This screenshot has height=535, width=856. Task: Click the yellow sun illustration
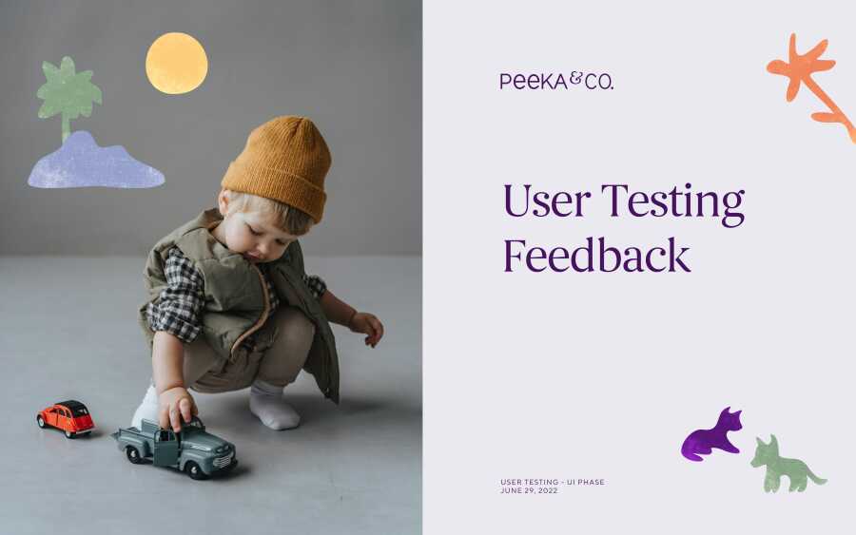[176, 64]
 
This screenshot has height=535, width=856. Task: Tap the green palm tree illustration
[68, 94]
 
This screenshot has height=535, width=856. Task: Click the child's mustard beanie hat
[278, 165]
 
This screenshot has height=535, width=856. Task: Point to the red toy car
[66, 418]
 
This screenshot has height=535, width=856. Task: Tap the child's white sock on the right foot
[274, 407]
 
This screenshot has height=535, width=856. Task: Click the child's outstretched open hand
[368, 328]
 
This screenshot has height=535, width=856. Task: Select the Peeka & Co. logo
[556, 82]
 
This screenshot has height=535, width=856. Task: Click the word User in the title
[547, 201]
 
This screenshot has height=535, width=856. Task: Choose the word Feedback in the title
[596, 255]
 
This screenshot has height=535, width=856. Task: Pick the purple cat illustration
[712, 435]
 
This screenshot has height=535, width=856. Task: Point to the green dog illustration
[785, 465]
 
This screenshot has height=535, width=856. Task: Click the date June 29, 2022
[529, 491]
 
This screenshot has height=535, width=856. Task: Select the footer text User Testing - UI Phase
[553, 482]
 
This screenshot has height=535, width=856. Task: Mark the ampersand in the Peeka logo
[576, 79]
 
